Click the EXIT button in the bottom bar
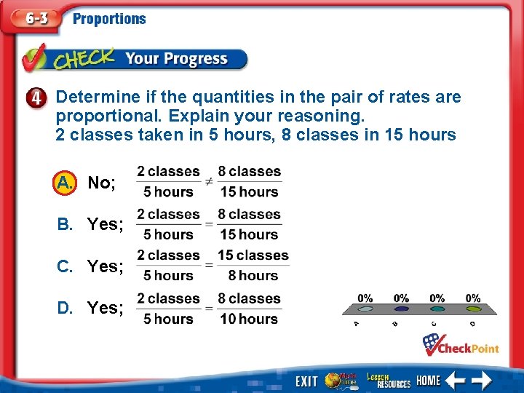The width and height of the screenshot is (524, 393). click(x=306, y=381)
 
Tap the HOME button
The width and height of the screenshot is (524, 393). click(x=428, y=381)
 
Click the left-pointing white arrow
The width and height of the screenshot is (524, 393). click(x=456, y=380)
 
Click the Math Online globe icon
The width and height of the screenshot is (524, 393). click(x=341, y=380)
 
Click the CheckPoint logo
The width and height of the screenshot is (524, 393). click(x=461, y=344)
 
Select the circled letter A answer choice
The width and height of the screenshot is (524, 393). click(x=65, y=182)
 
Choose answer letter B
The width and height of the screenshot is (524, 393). click(x=65, y=224)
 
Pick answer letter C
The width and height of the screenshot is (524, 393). click(x=65, y=266)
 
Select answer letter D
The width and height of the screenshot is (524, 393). click(x=65, y=308)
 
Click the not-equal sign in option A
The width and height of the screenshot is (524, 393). click(x=208, y=181)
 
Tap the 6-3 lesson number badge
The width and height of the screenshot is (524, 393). click(x=33, y=19)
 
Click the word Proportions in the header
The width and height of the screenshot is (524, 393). click(x=109, y=19)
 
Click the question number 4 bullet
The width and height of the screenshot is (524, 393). click(x=40, y=98)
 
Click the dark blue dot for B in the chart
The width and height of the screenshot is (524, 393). click(x=401, y=309)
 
